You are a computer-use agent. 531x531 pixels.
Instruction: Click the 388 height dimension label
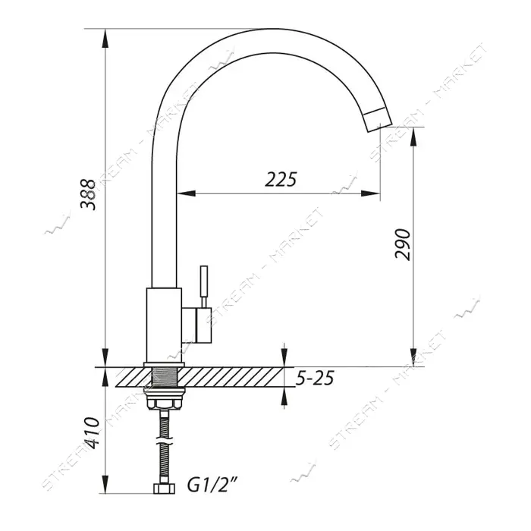click(88, 194)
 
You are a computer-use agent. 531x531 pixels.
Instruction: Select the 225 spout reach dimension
click(281, 180)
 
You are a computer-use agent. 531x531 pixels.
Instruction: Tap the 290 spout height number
click(403, 244)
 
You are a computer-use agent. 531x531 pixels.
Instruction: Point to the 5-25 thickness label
click(315, 378)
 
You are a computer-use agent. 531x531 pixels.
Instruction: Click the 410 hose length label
click(91, 433)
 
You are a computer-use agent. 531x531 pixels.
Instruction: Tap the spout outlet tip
click(379, 119)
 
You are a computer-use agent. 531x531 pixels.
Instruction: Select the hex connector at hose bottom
click(165, 489)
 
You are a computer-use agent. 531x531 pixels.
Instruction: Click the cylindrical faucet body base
click(164, 325)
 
